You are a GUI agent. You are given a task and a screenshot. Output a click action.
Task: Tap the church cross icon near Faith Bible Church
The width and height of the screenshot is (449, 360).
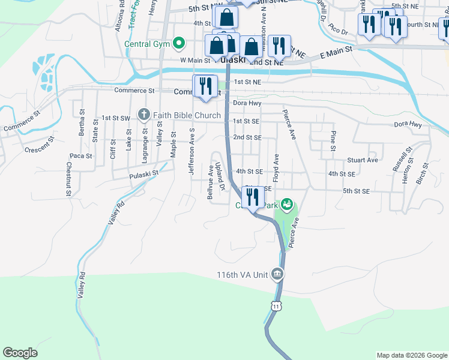pyautogui.click(x=143, y=114)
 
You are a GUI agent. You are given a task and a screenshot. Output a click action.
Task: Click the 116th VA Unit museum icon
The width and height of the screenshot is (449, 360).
pyautogui.click(x=277, y=275)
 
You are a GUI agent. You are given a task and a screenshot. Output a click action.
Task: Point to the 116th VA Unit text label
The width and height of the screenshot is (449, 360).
pyautogui.click(x=243, y=275)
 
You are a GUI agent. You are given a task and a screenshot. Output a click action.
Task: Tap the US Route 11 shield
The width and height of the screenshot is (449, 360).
pyautogui.click(x=275, y=306)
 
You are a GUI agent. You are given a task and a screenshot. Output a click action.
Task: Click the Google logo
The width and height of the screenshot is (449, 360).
pyautogui.click(x=20, y=353)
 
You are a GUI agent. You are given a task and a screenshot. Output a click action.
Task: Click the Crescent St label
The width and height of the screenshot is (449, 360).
pyautogui.click(x=40, y=144)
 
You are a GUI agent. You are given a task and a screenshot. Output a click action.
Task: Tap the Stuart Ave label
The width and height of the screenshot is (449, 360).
pyautogui.click(x=363, y=160)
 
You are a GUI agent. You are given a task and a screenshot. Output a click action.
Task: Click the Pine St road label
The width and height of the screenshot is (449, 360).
pyautogui.click(x=333, y=143)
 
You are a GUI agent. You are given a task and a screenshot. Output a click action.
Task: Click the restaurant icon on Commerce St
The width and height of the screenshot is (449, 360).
pyautogui.click(x=205, y=85)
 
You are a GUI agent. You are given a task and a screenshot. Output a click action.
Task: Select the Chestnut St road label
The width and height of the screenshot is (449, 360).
pyautogui.click(x=69, y=179)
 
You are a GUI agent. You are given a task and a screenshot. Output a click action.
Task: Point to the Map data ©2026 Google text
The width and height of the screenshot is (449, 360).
pyautogui.click(x=411, y=355)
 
